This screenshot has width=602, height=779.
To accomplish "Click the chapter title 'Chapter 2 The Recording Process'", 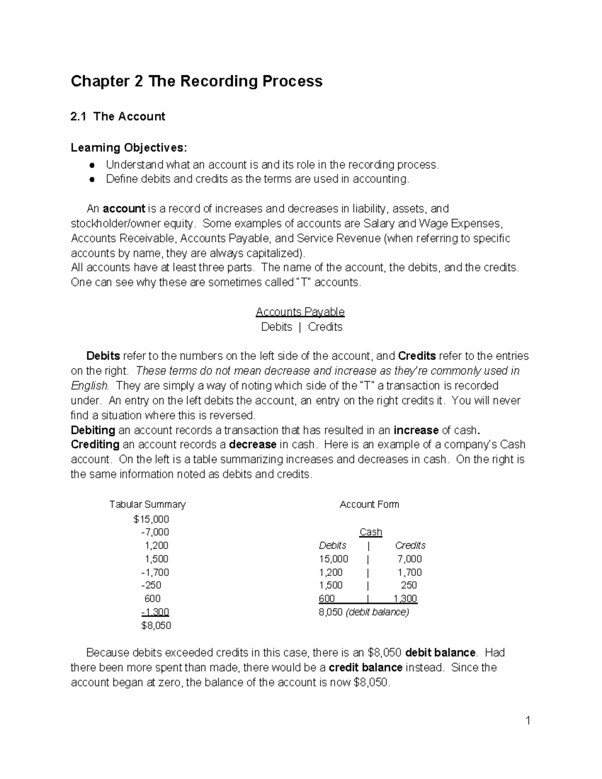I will pyautogui.click(x=196, y=81).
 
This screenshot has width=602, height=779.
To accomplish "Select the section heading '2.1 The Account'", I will pyautogui.click(x=118, y=116).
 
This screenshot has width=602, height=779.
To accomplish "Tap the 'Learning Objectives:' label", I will pyautogui.click(x=128, y=147).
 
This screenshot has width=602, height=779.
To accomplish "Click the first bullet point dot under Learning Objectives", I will pyautogui.click(x=92, y=165).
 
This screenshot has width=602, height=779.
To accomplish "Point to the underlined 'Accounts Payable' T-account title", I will pyautogui.click(x=300, y=312).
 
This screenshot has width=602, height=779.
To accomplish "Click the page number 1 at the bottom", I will pyautogui.click(x=528, y=721).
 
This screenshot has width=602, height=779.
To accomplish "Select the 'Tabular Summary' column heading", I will pyautogui.click(x=147, y=504).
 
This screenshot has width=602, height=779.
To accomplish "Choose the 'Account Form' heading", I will pyautogui.click(x=369, y=504).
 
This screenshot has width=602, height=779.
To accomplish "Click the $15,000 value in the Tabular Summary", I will pyautogui.click(x=151, y=519).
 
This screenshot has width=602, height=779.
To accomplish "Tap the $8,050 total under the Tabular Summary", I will pyautogui.click(x=156, y=626).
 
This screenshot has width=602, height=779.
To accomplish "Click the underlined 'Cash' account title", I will pyautogui.click(x=371, y=532).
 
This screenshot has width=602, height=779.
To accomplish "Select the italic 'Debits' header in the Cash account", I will pyautogui.click(x=333, y=545).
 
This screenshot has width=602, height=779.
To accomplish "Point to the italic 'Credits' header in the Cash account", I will pyautogui.click(x=410, y=545).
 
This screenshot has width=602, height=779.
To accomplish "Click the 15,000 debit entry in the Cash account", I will pyautogui.click(x=333, y=559).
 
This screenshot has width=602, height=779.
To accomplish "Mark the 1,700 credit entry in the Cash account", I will pyautogui.click(x=409, y=572).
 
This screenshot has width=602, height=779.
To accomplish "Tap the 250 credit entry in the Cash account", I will pyautogui.click(x=409, y=585).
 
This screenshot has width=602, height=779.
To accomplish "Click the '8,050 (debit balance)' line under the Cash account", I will pyautogui.click(x=364, y=612).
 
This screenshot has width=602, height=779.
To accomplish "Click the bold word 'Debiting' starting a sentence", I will pyautogui.click(x=93, y=430).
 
